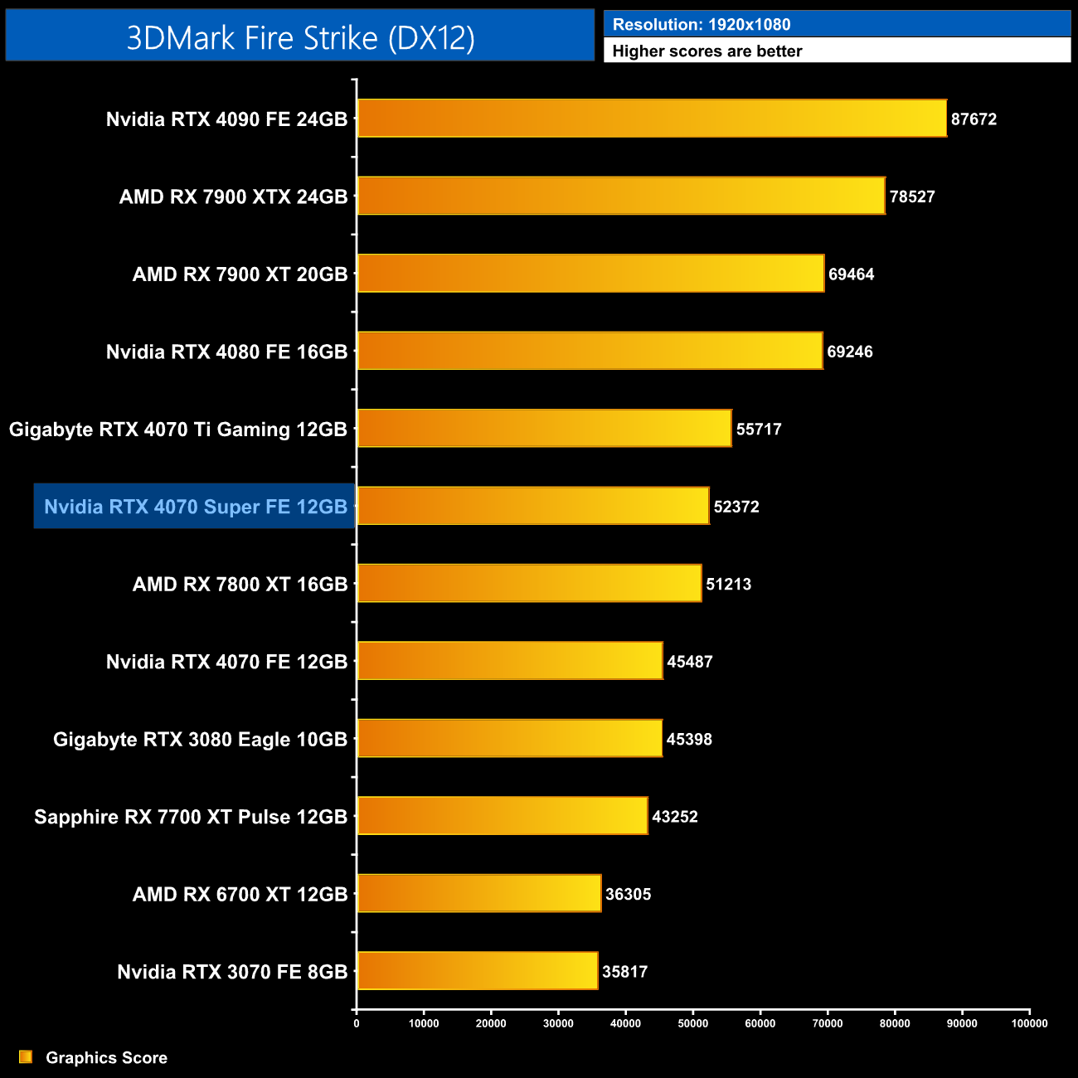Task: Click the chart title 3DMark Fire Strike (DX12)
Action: coord(300,37)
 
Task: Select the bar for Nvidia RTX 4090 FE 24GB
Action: coord(652,119)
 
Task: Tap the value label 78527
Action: coord(912,197)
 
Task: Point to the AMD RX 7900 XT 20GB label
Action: coord(240,274)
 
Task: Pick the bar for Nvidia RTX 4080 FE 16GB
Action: coord(590,351)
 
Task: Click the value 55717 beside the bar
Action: coord(759,430)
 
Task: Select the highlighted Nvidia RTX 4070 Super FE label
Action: coord(195,507)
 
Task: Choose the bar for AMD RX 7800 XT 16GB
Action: coord(529,584)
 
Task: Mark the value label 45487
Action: coord(690,662)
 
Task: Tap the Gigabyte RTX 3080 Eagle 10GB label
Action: coord(200,740)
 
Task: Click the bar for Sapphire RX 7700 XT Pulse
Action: coord(503,816)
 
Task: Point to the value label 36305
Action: coord(628,895)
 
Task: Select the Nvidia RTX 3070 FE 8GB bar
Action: coord(478,971)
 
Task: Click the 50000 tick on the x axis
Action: coord(692,1023)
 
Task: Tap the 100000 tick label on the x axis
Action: coord(1029,1023)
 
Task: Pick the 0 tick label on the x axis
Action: coord(357,1023)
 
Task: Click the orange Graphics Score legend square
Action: coord(26,1057)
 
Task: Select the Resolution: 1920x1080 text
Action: coord(702,25)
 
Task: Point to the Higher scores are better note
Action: coord(707,51)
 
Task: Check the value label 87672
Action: coord(974,119)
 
